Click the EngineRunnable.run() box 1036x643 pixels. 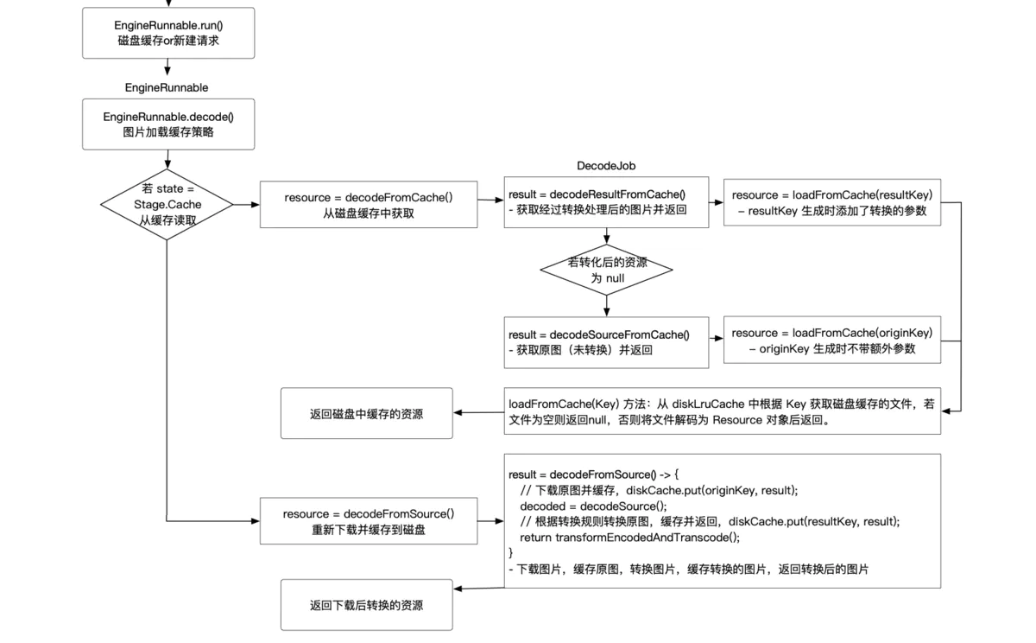[168, 33]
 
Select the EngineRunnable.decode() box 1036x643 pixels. [168, 124]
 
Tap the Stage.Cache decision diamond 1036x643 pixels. [167, 205]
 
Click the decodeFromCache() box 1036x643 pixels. [369, 205]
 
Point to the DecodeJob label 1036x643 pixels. [606, 166]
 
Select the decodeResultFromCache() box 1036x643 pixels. [606, 202]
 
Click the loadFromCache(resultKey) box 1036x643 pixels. [831, 202]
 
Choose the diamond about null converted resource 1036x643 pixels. [606, 271]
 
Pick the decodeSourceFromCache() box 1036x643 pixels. [606, 342]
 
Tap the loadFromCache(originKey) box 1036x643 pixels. [831, 341]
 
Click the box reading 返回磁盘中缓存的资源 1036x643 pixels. [367, 414]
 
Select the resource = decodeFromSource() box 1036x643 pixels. [369, 521]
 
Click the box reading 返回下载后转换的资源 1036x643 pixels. [367, 605]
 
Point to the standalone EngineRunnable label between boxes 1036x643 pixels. [167, 87]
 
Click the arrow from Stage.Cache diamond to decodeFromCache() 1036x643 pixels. [246, 205]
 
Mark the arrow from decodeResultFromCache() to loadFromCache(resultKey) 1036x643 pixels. [716, 203]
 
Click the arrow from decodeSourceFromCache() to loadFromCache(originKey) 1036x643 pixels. [716, 341]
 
